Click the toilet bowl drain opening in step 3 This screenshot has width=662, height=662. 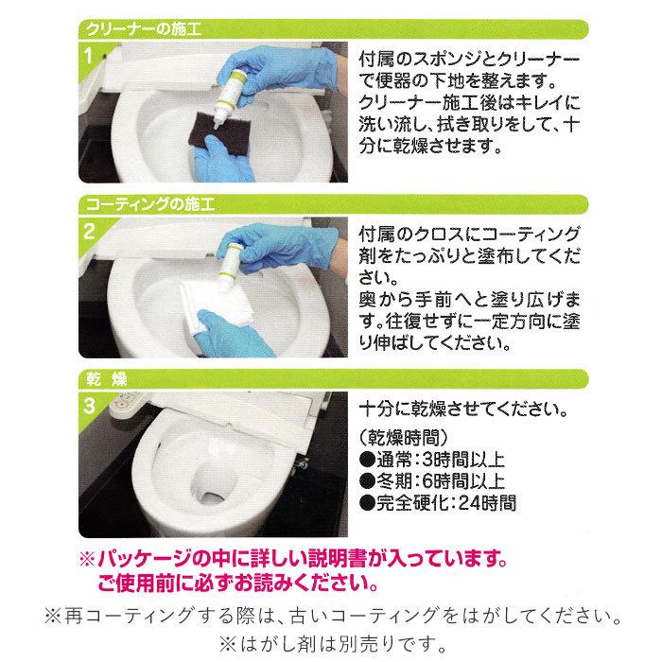[x=212, y=493]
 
